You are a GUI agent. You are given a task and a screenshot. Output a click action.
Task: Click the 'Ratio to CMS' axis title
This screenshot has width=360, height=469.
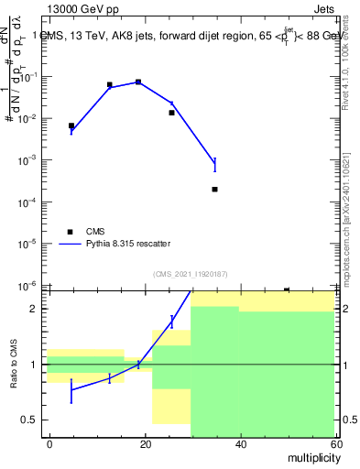point(14,364)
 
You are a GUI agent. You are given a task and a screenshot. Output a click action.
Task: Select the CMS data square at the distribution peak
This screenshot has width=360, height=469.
point(138,82)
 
